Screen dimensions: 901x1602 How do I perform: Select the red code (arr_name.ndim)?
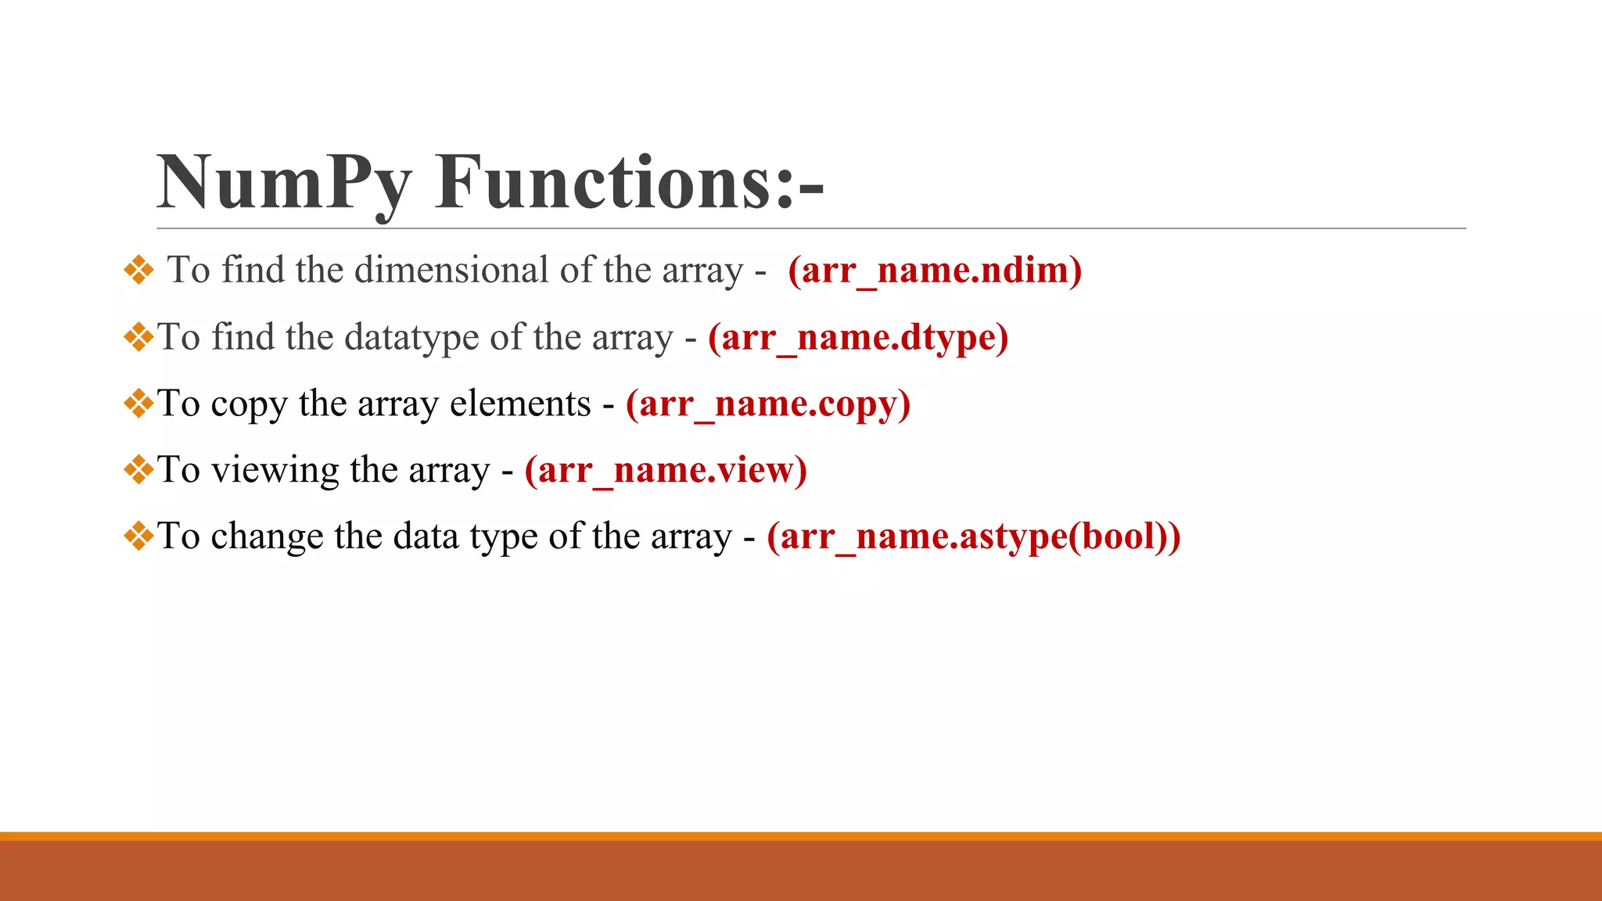[935, 271]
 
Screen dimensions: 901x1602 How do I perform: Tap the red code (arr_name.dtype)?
[858, 338]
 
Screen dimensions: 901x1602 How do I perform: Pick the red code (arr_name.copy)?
[768, 404]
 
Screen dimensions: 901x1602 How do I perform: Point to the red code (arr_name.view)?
[666, 470]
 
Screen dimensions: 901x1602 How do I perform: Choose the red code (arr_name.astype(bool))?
[974, 537]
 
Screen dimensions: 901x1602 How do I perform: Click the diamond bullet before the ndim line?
[138, 271]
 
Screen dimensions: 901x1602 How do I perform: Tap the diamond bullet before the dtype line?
[138, 338]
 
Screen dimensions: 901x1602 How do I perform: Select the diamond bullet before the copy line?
[138, 404]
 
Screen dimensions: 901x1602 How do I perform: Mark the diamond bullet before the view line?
[138, 471]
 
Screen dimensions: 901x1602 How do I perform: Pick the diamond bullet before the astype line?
[138, 537]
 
